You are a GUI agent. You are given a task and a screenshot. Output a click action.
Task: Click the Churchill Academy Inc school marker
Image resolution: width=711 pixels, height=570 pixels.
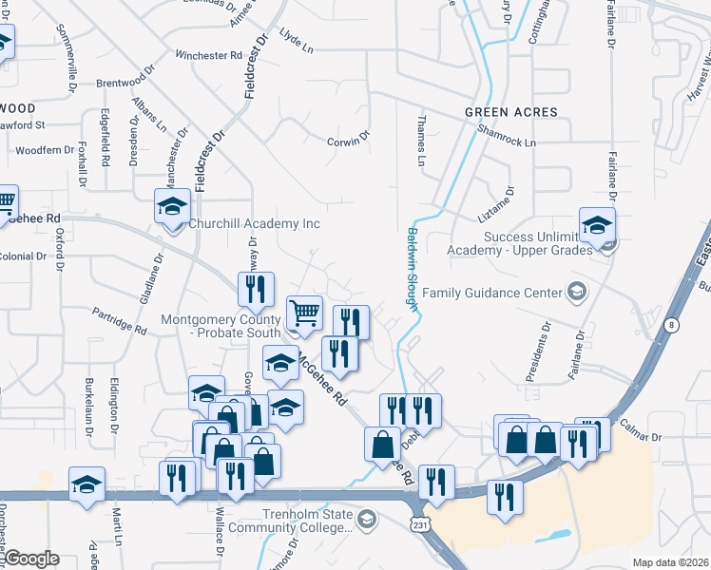[173, 207]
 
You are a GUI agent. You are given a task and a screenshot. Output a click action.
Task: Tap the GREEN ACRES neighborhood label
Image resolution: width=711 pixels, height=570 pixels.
[511, 112]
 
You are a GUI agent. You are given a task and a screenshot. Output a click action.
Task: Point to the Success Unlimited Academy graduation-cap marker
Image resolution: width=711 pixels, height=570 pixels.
[597, 226]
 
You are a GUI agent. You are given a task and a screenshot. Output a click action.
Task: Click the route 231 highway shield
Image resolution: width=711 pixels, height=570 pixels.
[419, 524]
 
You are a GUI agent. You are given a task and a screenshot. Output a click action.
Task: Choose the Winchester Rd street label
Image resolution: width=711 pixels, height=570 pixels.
[208, 56]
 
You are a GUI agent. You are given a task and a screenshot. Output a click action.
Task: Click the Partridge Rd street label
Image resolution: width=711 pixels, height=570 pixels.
[119, 320]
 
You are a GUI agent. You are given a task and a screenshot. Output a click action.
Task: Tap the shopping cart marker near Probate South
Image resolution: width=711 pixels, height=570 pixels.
[304, 313]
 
